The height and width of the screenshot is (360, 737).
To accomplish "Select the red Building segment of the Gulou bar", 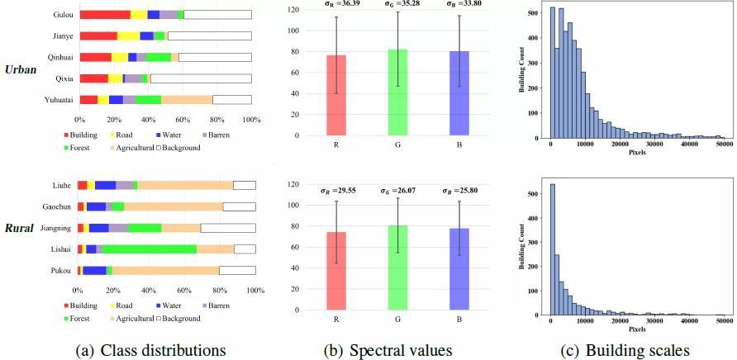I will (105, 15).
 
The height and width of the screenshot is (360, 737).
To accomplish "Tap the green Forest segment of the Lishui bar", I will (149, 249).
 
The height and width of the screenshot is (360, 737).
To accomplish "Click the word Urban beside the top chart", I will (21, 69).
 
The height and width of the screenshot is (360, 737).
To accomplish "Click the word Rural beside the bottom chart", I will (21, 228).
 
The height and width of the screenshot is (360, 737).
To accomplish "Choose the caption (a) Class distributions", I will (150, 350).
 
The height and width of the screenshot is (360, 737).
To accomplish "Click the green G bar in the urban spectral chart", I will (398, 92).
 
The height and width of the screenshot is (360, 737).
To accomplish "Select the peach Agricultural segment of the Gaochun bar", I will (173, 206).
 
